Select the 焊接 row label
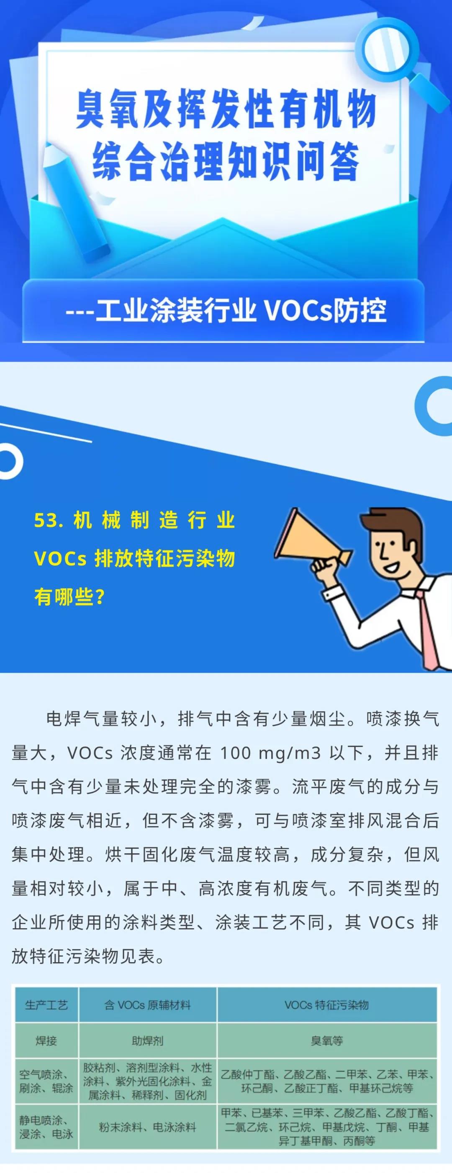pyautogui.click(x=46, y=1041)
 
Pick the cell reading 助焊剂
pyautogui.click(x=148, y=1041)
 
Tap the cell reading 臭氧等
pyautogui.click(x=327, y=1041)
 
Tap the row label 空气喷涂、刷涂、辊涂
pyautogui.click(x=46, y=1081)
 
